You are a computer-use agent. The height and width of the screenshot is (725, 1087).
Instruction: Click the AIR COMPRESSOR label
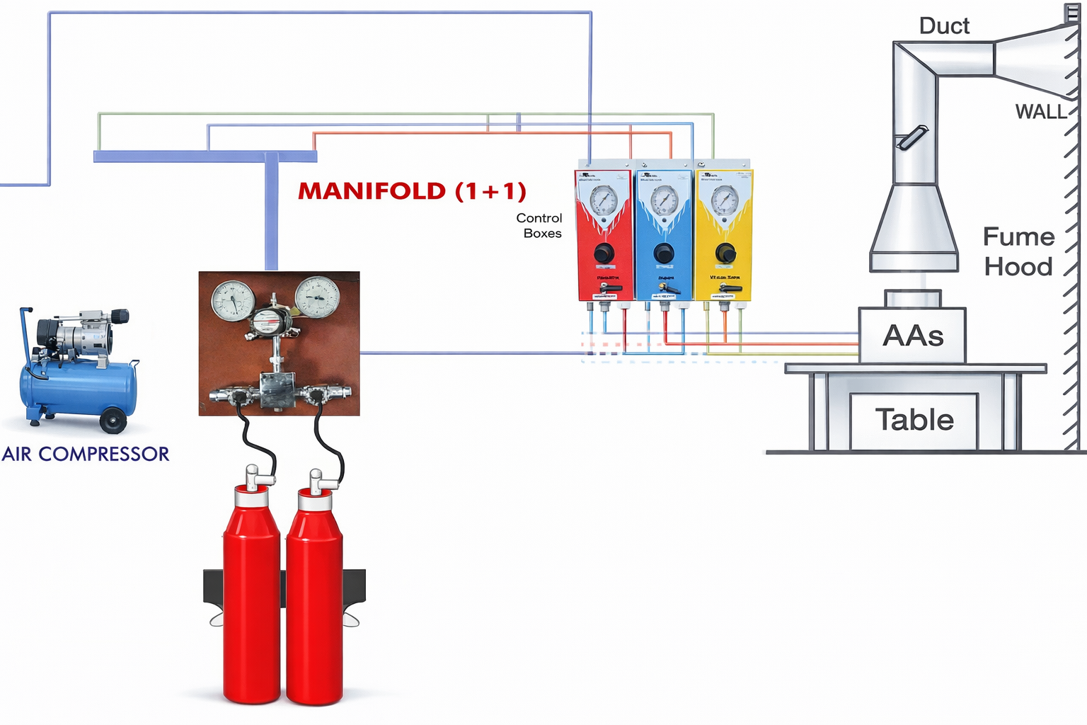[x=86, y=454]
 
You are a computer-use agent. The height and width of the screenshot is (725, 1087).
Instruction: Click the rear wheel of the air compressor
[x=113, y=421]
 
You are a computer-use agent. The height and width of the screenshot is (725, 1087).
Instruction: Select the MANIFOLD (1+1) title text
[x=412, y=191]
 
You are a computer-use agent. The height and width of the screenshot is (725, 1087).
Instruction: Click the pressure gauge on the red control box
[x=603, y=200]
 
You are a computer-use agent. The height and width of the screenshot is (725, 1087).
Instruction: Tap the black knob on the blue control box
[x=664, y=253]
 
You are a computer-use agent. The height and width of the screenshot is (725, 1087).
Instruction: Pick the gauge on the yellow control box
[x=724, y=200]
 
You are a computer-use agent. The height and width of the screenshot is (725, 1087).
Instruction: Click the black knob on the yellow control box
[x=725, y=253]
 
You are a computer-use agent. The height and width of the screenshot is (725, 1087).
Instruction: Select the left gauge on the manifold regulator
[x=233, y=299]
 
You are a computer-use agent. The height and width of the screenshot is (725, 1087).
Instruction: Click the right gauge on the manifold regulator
[x=317, y=297]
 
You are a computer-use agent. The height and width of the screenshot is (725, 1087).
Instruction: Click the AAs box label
[x=913, y=336]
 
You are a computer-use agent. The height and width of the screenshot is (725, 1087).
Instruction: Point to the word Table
[x=914, y=420]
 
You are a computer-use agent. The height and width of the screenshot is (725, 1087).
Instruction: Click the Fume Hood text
[x=1018, y=251]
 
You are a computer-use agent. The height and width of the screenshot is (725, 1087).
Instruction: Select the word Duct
[x=944, y=26]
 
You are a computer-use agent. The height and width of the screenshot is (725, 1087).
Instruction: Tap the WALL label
[x=1040, y=112]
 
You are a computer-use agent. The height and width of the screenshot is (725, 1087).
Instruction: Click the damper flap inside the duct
[x=911, y=137]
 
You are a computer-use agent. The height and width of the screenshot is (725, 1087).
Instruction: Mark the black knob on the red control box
[x=604, y=253]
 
